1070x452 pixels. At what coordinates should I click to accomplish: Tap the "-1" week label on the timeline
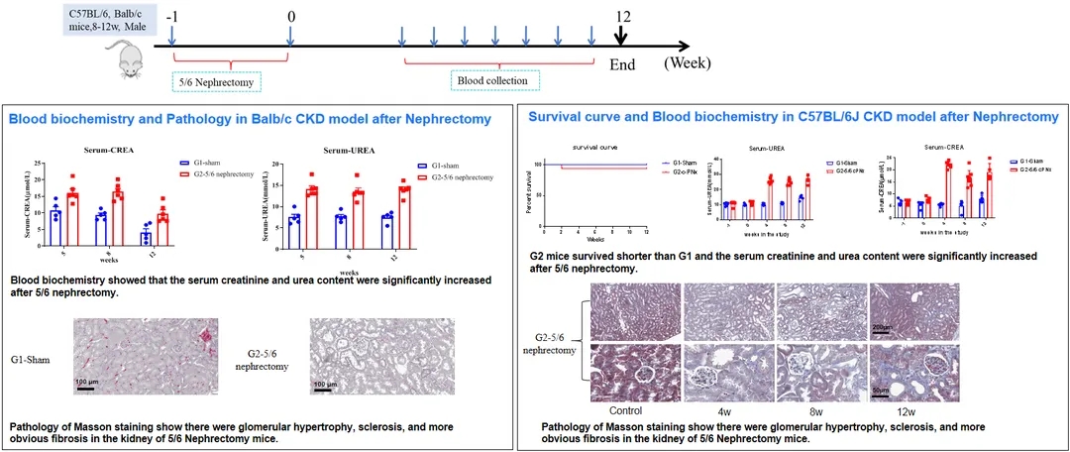(x=172, y=17)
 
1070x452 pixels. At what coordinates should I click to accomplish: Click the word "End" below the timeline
(x=621, y=64)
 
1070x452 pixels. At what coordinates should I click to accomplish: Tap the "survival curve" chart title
(x=585, y=149)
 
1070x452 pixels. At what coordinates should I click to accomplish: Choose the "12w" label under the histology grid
(x=904, y=410)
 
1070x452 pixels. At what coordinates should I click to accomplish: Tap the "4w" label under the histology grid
(x=721, y=410)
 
